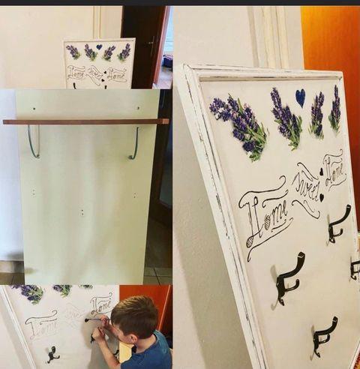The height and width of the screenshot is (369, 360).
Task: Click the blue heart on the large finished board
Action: (x=301, y=97)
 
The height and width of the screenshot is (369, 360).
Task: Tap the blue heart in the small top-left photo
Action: (x=99, y=46)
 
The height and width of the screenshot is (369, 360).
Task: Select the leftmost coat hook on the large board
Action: (x=289, y=277)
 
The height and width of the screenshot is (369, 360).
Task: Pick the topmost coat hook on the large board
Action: (x=338, y=223)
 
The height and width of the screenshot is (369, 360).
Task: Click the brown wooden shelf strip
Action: (x=85, y=121)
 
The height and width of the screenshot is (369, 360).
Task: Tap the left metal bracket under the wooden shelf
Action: (x=34, y=141)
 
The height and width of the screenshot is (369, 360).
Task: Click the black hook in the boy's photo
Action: (x=52, y=355)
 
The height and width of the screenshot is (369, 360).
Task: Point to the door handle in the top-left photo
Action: (x=151, y=44)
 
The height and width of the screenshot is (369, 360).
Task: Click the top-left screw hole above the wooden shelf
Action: (x=34, y=109)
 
